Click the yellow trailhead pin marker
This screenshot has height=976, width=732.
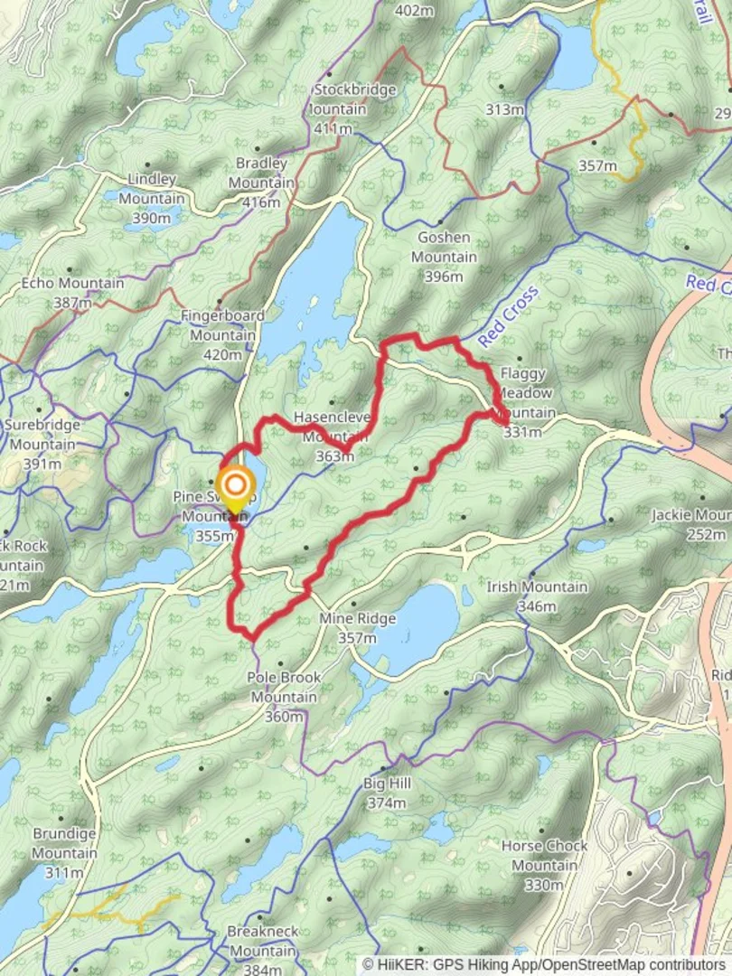[x=234, y=489]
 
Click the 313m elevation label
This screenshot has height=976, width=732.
[x=504, y=109]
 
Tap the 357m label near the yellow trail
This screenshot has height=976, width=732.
[x=597, y=165]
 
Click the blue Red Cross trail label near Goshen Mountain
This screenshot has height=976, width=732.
[x=508, y=316]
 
